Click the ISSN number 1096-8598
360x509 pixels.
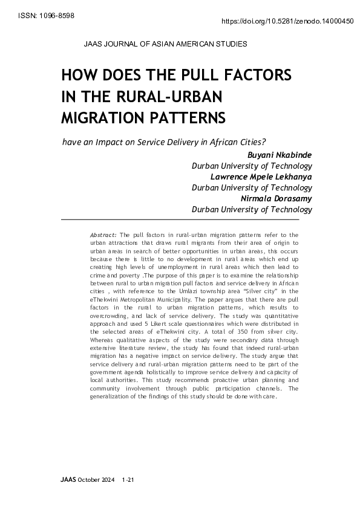pos(54,15)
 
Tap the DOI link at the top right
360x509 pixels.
pos(288,21)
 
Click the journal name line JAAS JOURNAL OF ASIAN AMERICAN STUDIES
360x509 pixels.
pos(159,44)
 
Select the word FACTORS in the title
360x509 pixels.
pos(254,76)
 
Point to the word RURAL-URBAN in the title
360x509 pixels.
pos(172,96)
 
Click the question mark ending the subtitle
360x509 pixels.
pos(264,142)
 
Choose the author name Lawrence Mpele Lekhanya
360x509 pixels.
pos(261,177)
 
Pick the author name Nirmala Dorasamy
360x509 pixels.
pos(276,198)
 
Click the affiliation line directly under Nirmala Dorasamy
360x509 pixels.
pos(252,210)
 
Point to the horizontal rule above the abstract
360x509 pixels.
pos(187,219)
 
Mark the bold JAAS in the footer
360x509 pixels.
pos(68,480)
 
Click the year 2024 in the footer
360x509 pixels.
pos(106,480)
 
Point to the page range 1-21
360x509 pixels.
pos(127,480)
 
